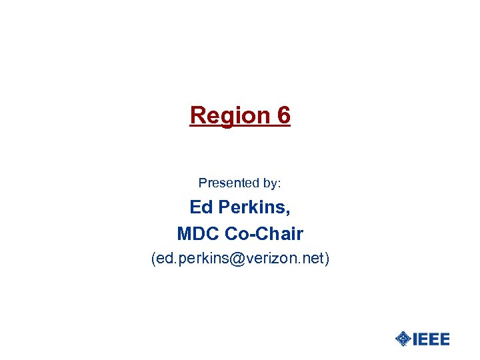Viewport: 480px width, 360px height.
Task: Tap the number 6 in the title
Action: pyautogui.click(x=283, y=115)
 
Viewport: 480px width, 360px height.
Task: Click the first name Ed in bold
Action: pyautogui.click(x=201, y=207)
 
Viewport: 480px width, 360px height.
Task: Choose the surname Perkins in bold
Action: pyautogui.click(x=253, y=207)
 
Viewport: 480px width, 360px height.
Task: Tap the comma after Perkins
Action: pyautogui.click(x=288, y=212)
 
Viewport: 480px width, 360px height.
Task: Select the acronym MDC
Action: pyautogui.click(x=199, y=234)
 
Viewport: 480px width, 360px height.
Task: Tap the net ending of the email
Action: pyautogui.click(x=311, y=258)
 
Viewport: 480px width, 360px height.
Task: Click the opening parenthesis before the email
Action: pyautogui.click(x=154, y=258)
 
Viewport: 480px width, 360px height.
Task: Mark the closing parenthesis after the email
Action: pyautogui.click(x=327, y=258)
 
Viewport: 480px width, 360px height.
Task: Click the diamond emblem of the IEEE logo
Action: pyautogui.click(x=403, y=339)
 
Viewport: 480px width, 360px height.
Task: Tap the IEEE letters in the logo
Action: pyautogui.click(x=431, y=339)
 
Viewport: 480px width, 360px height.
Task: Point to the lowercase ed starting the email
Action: pyautogui.click(x=165, y=258)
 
